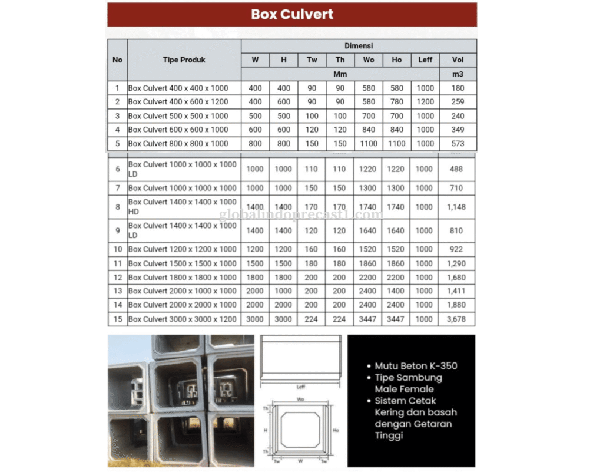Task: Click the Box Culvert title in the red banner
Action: tap(292, 14)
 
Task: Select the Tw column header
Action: tap(312, 60)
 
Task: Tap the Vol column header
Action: tap(458, 60)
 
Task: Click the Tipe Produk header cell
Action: tap(184, 60)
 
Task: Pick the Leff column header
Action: tap(425, 60)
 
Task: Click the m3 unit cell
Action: tap(458, 74)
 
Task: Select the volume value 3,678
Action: tap(456, 319)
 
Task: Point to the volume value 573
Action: tap(458, 143)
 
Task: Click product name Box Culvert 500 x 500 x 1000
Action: tap(178, 116)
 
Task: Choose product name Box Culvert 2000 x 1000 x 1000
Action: tap(182, 291)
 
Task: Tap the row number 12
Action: tap(117, 278)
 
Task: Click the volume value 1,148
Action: tap(456, 207)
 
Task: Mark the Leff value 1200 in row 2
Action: tap(425, 102)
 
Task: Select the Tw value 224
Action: tap(312, 319)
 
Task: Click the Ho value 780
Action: tap(396, 102)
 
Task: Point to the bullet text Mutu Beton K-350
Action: tap(416, 366)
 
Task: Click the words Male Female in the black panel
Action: tap(404, 389)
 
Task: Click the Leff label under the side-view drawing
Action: tap(301, 387)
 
